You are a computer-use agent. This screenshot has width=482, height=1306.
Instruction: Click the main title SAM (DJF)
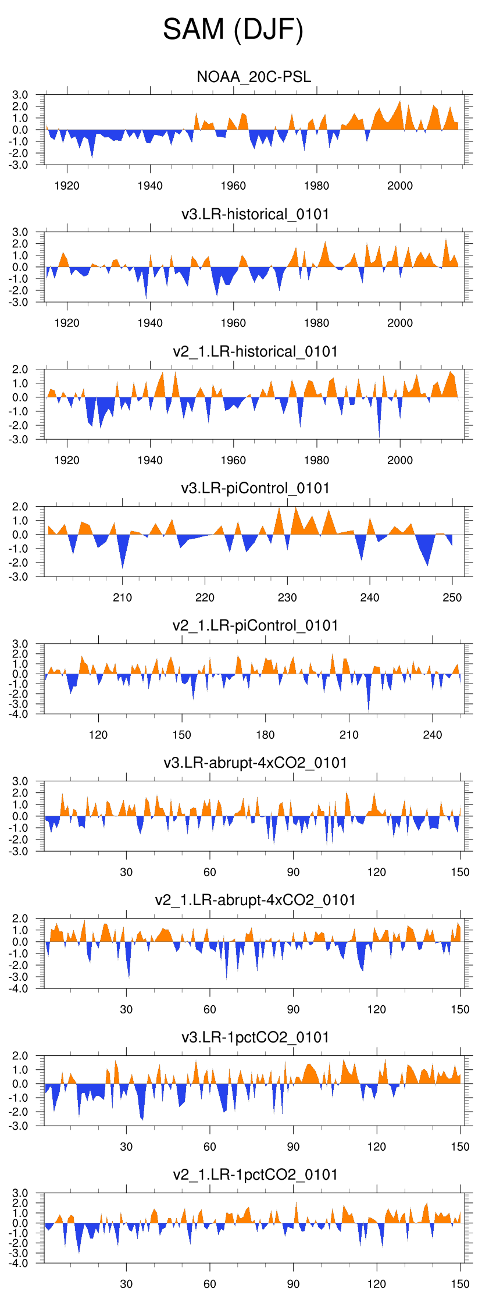point(233,30)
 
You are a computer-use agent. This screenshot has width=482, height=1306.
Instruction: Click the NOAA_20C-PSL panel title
point(254,77)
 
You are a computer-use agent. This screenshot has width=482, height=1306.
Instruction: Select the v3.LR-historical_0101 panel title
point(255,214)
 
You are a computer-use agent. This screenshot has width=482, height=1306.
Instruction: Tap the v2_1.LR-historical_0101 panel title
point(255,351)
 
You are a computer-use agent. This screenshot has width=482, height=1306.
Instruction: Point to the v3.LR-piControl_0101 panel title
point(255,488)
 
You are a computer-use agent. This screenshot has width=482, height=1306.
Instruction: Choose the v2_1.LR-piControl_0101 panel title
point(255,625)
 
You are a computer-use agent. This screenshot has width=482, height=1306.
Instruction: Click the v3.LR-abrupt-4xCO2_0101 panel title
point(255,763)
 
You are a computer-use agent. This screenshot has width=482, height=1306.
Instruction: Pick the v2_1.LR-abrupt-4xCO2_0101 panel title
point(255,900)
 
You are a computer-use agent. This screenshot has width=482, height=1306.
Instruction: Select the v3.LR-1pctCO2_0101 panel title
point(255,1037)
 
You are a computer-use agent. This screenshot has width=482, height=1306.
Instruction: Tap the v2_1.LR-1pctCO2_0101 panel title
point(255,1175)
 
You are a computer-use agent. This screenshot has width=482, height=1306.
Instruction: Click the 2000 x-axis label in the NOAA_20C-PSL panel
point(400,186)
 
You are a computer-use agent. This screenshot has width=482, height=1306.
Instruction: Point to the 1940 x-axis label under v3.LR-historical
point(150,323)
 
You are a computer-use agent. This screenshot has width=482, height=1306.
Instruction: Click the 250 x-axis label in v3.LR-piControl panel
point(452,597)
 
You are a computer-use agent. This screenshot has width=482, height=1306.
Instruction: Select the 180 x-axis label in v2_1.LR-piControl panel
point(265,735)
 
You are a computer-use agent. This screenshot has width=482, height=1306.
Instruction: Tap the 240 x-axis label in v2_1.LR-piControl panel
point(433,735)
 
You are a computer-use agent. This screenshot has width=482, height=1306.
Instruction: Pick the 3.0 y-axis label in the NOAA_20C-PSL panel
point(20,95)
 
